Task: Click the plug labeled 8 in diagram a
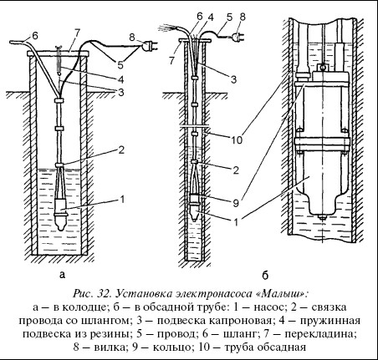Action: tap(148, 46)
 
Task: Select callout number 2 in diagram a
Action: tap(120, 150)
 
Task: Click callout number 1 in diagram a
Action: tap(122, 200)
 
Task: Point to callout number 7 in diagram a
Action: tap(77, 33)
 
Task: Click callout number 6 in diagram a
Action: tap(34, 36)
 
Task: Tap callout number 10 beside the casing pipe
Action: tap(237, 139)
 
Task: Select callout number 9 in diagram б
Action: tap(236, 203)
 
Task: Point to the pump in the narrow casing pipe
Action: tap(195, 205)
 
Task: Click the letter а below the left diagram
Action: tap(62, 275)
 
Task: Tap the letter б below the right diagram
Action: tap(265, 275)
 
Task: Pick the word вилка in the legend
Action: tap(110, 347)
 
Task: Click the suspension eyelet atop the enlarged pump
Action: tap(322, 67)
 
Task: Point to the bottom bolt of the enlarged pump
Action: tap(323, 217)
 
